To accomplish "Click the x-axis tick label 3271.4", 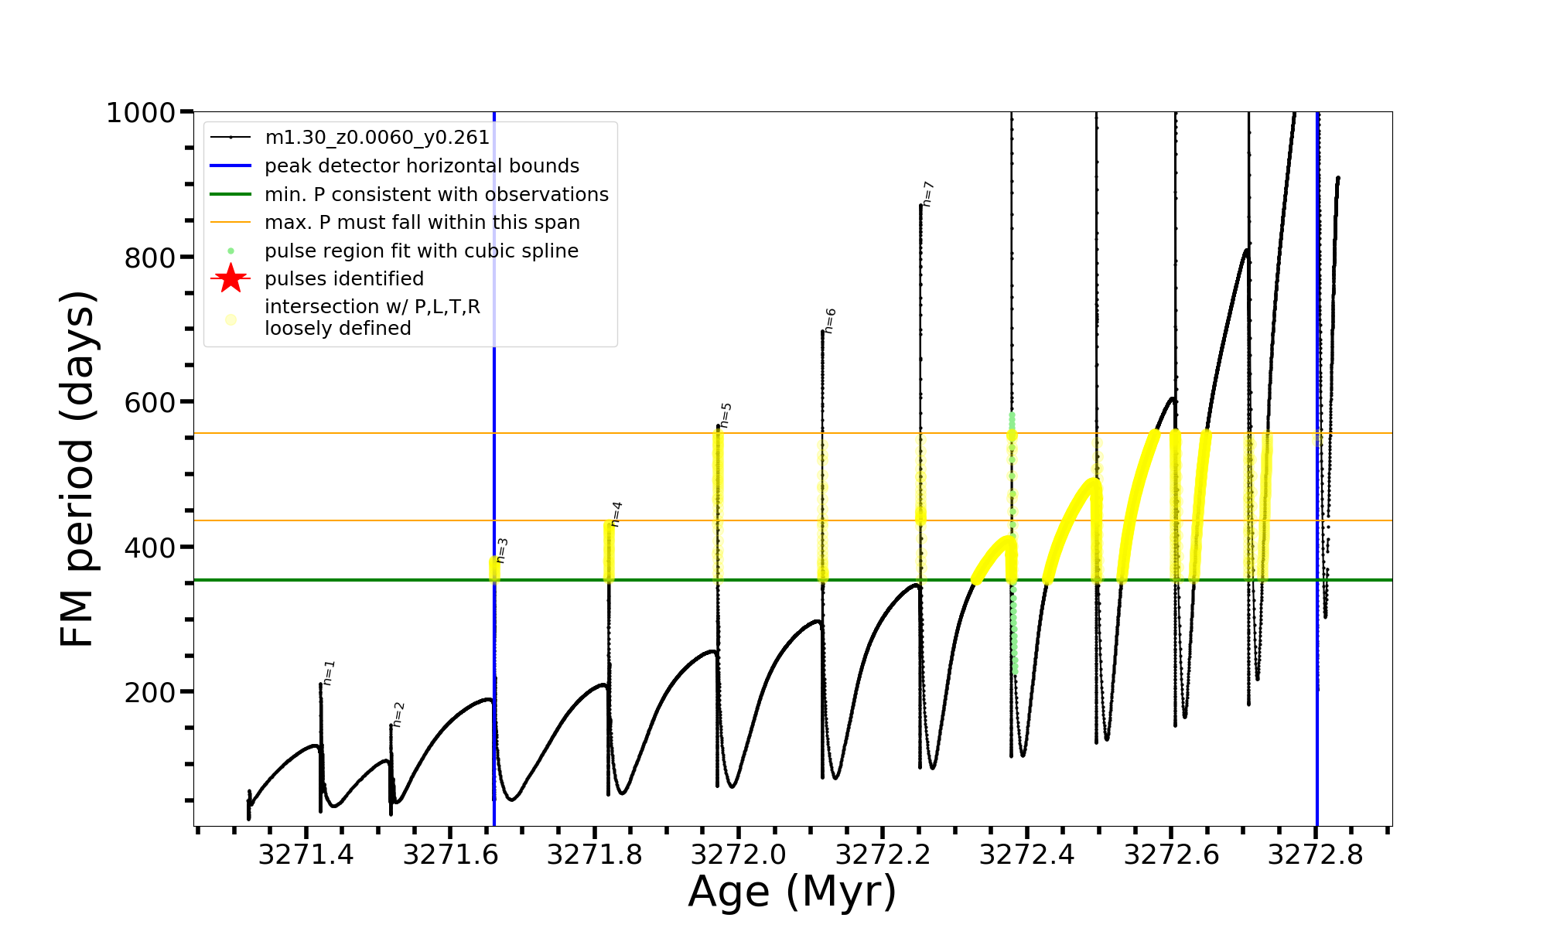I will [x=306, y=855].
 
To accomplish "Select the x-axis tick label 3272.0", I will [x=738, y=855].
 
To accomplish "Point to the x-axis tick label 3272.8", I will [x=1315, y=855].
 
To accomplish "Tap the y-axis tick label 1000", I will [x=141, y=113].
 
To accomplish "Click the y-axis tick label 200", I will [x=150, y=692].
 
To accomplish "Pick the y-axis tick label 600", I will [x=150, y=402].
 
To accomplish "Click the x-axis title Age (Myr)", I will [x=792, y=892].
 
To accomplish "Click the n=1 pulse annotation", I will [x=329, y=673].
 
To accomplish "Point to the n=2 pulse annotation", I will [x=398, y=715].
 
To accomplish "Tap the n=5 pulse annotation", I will [x=726, y=415].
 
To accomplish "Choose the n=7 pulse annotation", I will [x=928, y=194].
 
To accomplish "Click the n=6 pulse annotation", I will [x=830, y=321].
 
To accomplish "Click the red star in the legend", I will [x=231, y=278].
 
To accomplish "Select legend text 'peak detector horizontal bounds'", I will [x=422, y=166].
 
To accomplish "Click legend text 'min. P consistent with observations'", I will [x=436, y=194].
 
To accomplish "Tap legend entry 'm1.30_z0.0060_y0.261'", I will [x=377, y=138].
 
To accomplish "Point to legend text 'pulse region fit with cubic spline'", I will [x=422, y=251].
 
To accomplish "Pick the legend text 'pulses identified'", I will [x=344, y=278].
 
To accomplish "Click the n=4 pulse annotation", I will [x=616, y=514].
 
